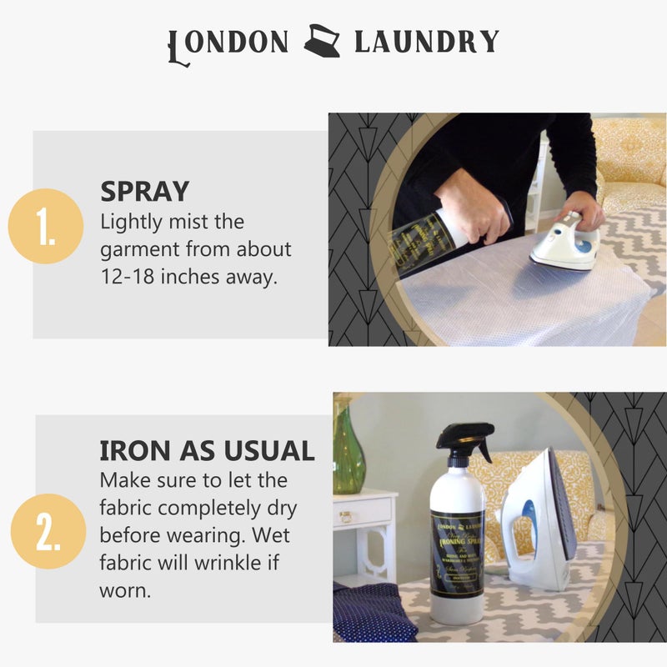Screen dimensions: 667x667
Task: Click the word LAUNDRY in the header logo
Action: tap(426, 42)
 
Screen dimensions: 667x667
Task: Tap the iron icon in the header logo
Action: tap(321, 41)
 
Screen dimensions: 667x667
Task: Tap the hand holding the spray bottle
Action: tap(472, 205)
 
